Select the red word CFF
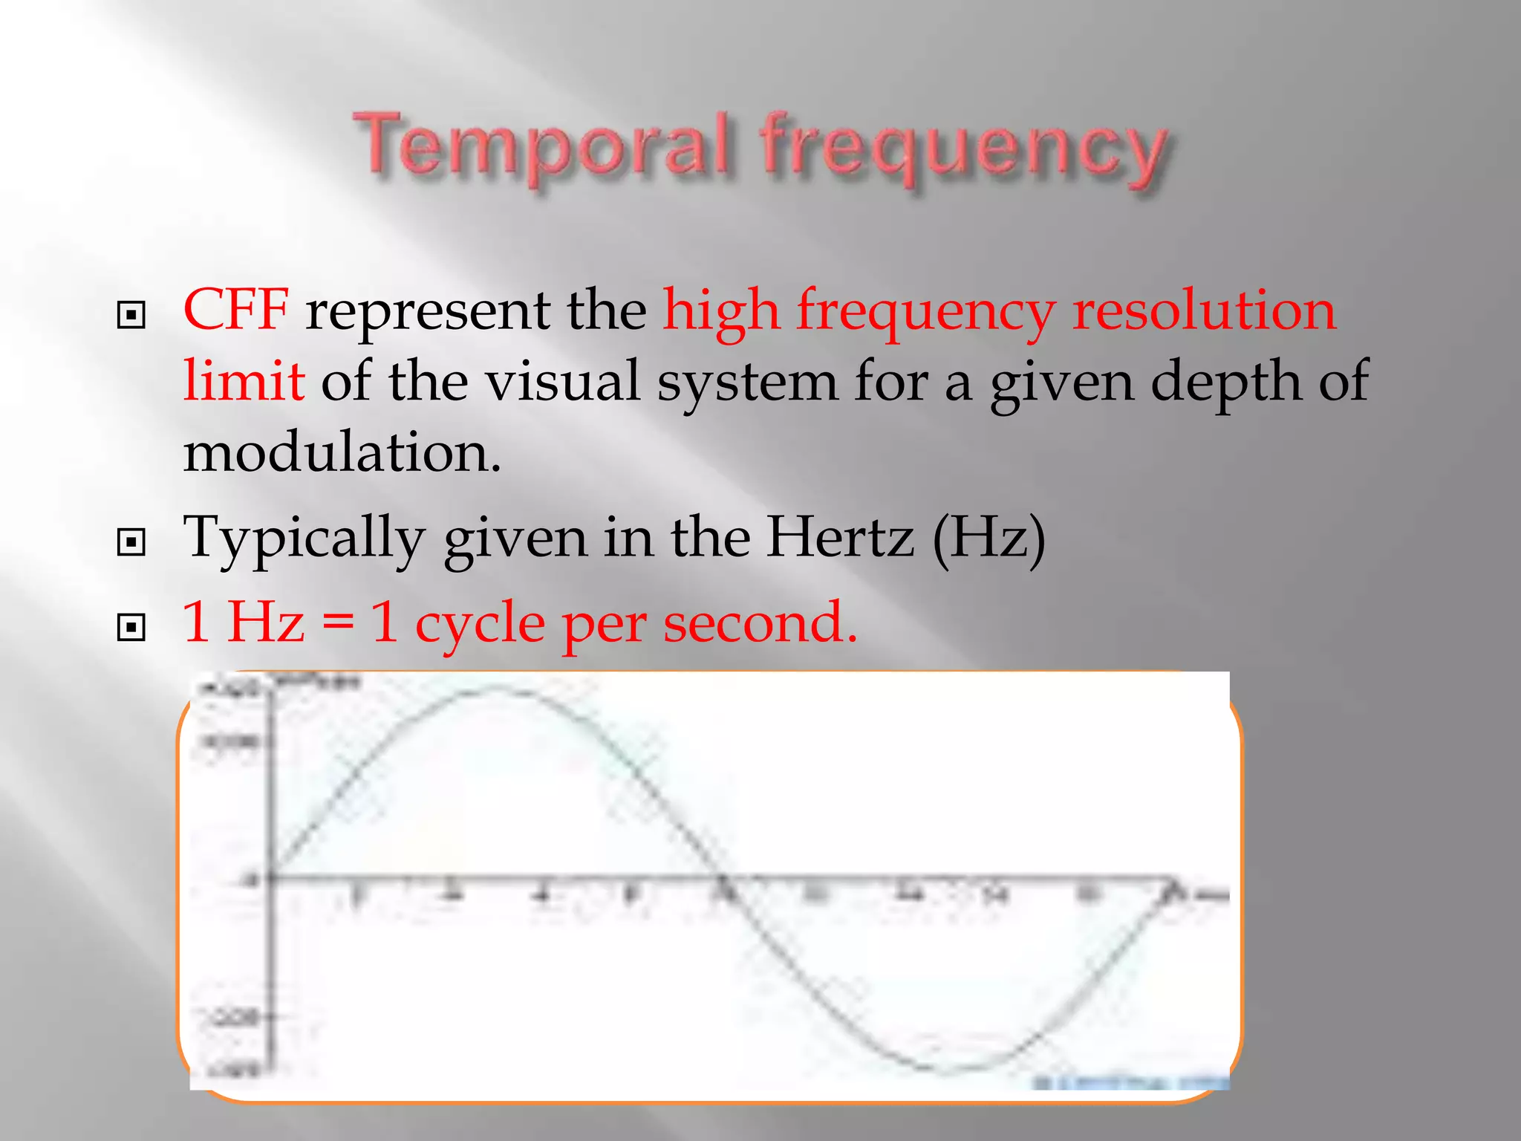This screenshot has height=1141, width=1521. pyautogui.click(x=235, y=310)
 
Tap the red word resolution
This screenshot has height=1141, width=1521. pyautogui.click(x=1204, y=310)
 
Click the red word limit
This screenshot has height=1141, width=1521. pyautogui.click(x=244, y=380)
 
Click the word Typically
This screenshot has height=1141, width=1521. pyautogui.click(x=304, y=537)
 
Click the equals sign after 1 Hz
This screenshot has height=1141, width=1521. pyautogui.click(x=338, y=624)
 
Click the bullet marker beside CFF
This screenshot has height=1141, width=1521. pyautogui.click(x=131, y=316)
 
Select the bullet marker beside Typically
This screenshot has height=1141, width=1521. pyautogui.click(x=131, y=542)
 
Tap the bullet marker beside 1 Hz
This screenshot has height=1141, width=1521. pyautogui.click(x=131, y=628)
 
